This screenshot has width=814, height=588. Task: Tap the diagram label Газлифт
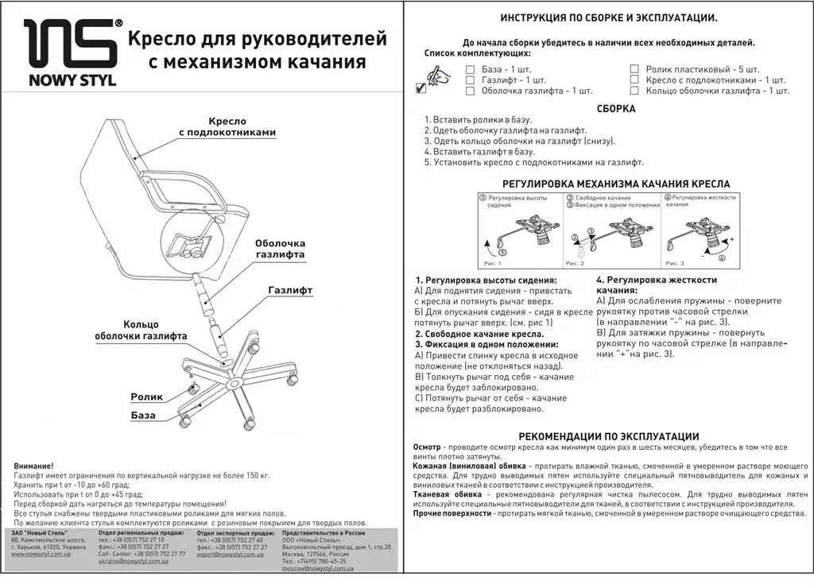290,290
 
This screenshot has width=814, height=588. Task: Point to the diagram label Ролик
147,396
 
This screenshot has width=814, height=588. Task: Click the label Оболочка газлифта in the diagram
279,250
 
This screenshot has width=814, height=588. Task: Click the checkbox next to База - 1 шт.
470,69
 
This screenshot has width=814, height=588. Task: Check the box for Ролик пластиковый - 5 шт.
634,69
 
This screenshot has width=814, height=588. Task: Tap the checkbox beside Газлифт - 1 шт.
470,80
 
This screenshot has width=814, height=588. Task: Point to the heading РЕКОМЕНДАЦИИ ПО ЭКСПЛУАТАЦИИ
608,436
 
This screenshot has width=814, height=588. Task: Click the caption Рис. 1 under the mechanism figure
493,262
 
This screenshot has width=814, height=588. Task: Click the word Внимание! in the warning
34,466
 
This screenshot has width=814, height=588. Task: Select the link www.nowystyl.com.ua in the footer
41,554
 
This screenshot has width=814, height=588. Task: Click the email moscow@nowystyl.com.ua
316,569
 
